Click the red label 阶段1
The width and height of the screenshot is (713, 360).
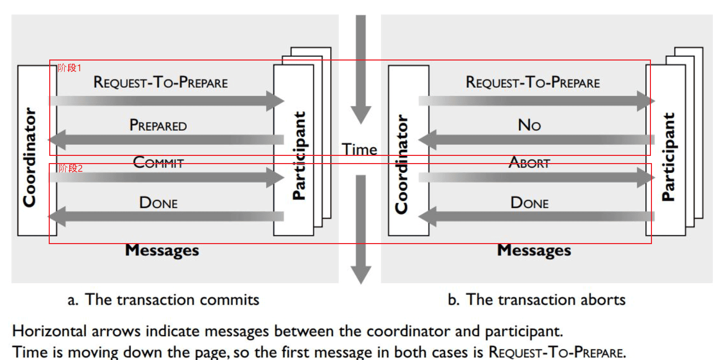click(x=69, y=68)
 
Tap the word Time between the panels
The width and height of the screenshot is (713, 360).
click(x=360, y=149)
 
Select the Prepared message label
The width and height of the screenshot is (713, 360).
click(x=158, y=125)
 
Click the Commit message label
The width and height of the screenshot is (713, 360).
click(x=158, y=163)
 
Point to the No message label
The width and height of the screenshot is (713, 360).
click(x=529, y=125)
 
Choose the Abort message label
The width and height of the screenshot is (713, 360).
click(x=529, y=163)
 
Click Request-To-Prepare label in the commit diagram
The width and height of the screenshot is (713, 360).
click(x=161, y=82)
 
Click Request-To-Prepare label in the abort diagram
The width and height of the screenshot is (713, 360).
click(x=532, y=82)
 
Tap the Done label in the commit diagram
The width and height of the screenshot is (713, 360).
click(x=158, y=203)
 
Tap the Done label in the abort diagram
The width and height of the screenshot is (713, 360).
click(x=529, y=203)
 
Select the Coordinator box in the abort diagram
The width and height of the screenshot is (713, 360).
click(x=408, y=151)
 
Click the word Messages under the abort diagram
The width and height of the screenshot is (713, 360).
click(x=534, y=250)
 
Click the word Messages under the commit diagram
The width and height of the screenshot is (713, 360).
click(x=162, y=250)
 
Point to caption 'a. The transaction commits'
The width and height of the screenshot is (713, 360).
click(x=163, y=299)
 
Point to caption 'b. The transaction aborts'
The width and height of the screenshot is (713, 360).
click(x=537, y=299)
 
